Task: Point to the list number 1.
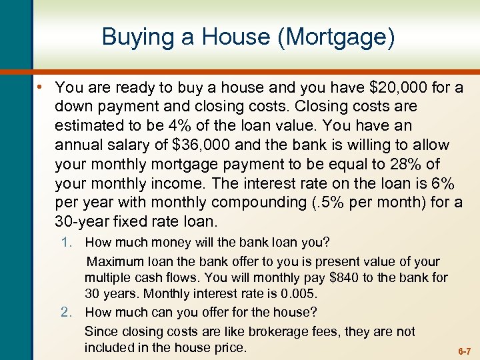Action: coord(65,243)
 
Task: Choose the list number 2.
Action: coord(65,312)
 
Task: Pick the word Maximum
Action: coord(114,261)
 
